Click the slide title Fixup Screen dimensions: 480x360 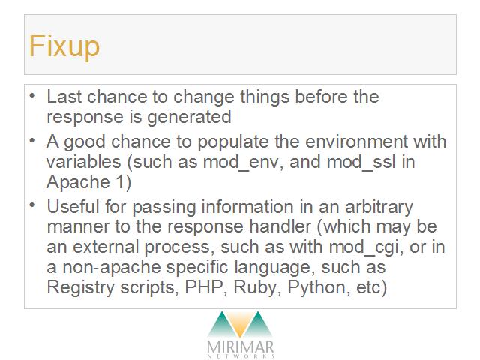64,46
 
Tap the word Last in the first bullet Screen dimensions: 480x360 64,97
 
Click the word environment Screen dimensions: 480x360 357,142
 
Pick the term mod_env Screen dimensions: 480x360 241,162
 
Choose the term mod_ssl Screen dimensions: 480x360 361,162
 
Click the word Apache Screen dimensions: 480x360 78,183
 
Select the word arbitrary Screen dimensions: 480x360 379,208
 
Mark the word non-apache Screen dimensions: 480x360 112,268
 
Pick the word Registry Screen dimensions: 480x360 80,288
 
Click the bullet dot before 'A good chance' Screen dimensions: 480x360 32,141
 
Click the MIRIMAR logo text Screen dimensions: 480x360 240,346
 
